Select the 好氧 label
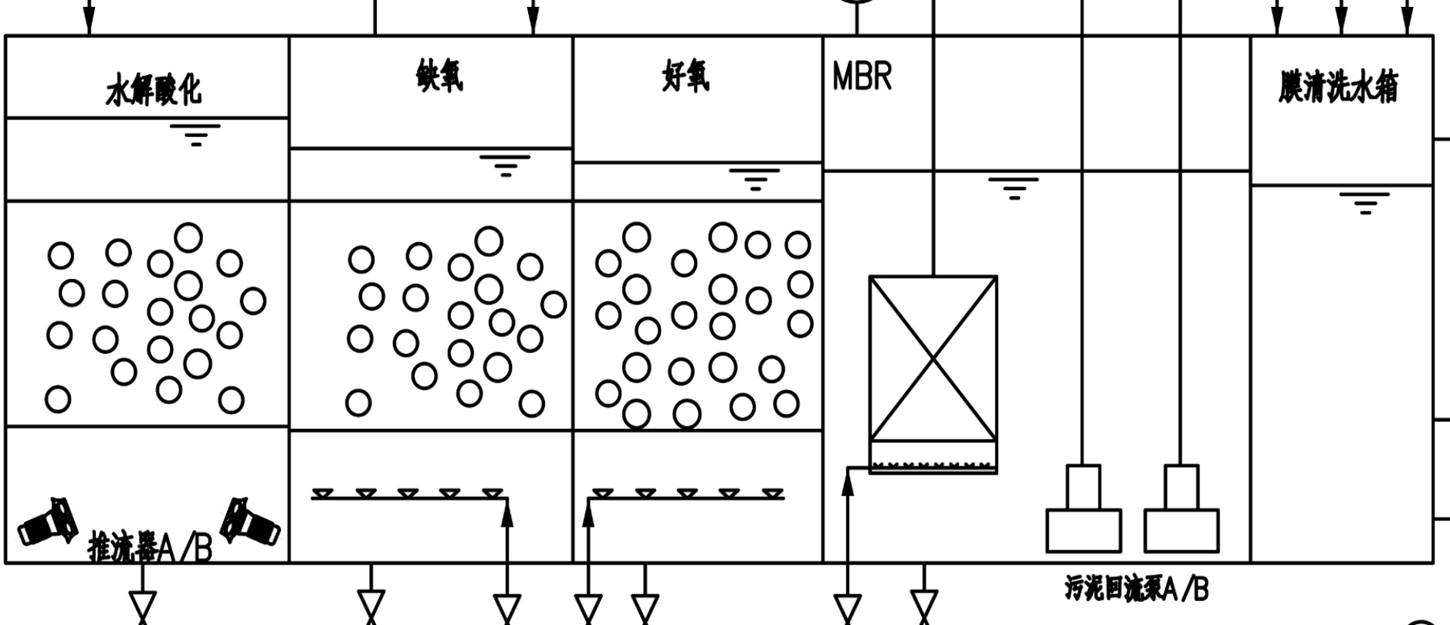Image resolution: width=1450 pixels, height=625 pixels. pyautogui.click(x=685, y=77)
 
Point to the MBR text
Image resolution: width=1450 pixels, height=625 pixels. pyautogui.click(x=862, y=77)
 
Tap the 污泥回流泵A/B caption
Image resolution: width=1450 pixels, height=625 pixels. pyautogui.click(x=1137, y=589)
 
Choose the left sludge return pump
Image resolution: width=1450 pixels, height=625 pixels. pyautogui.click(x=1083, y=510)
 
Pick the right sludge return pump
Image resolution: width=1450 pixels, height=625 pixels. pyautogui.click(x=1181, y=510)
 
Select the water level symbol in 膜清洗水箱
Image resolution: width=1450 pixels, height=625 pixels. pyautogui.click(x=1364, y=202)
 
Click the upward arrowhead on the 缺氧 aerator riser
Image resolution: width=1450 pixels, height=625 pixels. pyautogui.click(x=507, y=515)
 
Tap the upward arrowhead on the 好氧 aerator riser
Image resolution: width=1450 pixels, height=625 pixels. pyautogui.click(x=588, y=515)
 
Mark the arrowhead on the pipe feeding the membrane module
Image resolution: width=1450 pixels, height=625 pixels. pyautogui.click(x=848, y=482)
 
